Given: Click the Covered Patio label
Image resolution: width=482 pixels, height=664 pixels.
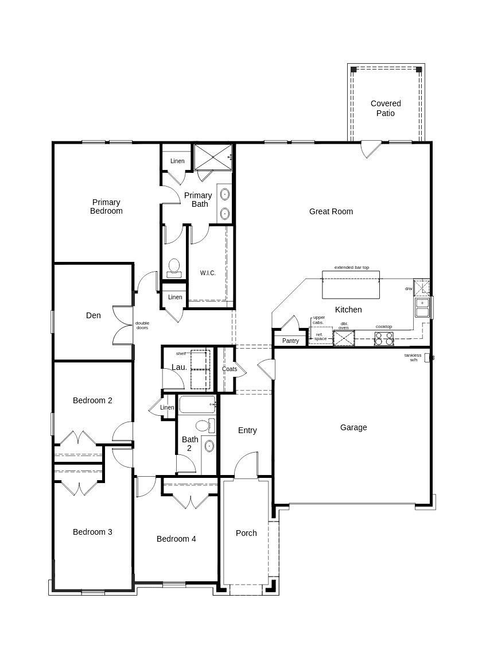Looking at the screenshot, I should point(386,108).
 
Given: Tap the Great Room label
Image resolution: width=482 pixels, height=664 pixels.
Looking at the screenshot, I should point(331,211).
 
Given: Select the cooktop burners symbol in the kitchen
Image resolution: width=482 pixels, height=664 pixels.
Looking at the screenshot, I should point(384,338).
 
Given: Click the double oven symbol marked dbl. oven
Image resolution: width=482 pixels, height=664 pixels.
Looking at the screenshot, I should point(344,338).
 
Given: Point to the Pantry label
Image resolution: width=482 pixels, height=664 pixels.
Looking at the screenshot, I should point(291,341).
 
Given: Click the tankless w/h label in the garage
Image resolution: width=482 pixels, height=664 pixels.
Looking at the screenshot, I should point(413,357).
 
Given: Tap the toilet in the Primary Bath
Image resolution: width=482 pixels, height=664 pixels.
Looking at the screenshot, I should point(174,268).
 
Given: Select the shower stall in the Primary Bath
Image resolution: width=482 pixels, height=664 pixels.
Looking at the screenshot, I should point(213,157).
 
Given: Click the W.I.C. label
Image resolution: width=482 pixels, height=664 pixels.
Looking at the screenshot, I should point(208,273).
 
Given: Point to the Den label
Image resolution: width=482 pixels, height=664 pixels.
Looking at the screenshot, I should point(94,315).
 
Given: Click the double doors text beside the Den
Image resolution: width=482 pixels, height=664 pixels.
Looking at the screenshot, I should point(142,325).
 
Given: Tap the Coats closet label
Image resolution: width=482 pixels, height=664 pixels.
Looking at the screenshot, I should point(230,369).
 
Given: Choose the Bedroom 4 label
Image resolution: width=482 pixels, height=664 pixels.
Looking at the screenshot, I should point(176,539).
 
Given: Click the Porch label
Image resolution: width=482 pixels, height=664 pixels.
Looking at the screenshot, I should point(246,533).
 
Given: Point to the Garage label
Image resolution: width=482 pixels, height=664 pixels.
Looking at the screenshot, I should point(353,427).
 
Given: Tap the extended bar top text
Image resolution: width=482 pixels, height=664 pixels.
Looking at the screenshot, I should point(352,268).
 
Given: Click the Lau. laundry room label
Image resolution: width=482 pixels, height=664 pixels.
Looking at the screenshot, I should point(179,367).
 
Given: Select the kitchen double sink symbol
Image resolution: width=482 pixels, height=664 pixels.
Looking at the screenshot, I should point(422,308).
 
